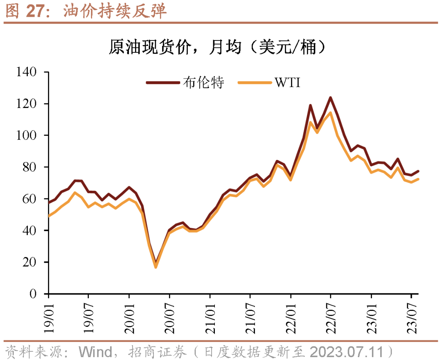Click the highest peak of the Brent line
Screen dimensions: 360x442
click(330, 97)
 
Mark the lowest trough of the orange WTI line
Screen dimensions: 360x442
click(156, 267)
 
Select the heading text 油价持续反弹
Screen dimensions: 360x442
click(115, 11)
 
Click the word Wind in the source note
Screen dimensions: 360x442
click(95, 351)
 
